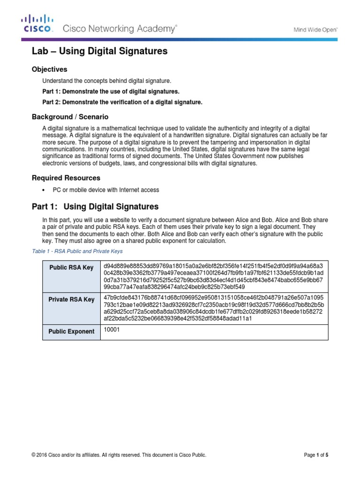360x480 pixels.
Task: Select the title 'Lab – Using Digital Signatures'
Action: tap(99, 52)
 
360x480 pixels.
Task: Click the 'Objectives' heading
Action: tap(49, 69)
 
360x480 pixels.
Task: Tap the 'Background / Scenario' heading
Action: tap(70, 116)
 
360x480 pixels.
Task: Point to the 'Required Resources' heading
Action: tap(66, 178)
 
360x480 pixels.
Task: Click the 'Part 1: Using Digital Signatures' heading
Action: tap(95, 206)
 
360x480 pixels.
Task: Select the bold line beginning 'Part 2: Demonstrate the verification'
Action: tap(122, 102)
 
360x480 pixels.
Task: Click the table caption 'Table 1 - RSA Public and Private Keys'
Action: tap(77, 251)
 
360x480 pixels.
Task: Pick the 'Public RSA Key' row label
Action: tap(71, 268)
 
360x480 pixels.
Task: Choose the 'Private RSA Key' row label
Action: tap(71, 300)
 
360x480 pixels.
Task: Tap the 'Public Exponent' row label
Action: tap(71, 331)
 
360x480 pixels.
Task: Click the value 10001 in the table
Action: tap(111, 330)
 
